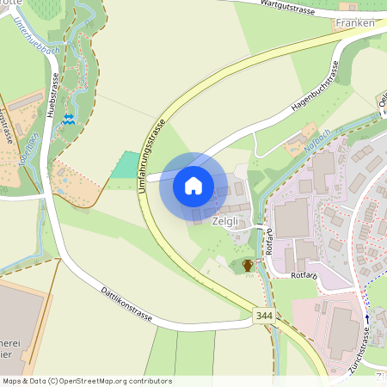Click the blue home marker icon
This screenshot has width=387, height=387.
[x=193, y=185]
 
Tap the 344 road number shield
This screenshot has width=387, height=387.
[x=266, y=317]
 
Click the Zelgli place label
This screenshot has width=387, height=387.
[x=226, y=221]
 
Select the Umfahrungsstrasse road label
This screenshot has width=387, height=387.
[x=150, y=156]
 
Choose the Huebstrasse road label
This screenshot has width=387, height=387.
[x=52, y=94]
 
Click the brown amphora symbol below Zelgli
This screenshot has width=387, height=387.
[x=248, y=265]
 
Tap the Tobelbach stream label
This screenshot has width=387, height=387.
[x=27, y=147]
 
